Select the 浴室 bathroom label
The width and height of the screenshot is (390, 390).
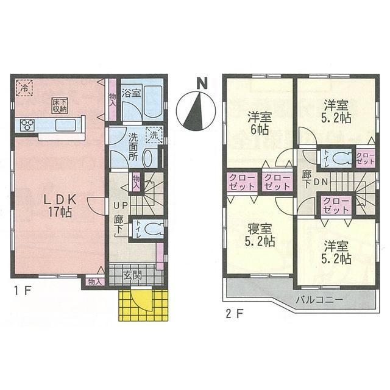pyautogui.click(x=130, y=93)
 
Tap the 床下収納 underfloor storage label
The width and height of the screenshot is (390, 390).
pyautogui.click(x=59, y=105)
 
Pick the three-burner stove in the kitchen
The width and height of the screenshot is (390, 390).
pyautogui.click(x=27, y=125)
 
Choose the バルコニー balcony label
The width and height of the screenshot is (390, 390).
pyautogui.click(x=321, y=300)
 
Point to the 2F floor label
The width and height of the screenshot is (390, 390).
pyautogui.click(x=235, y=315)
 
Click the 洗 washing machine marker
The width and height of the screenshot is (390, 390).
pyautogui.click(x=155, y=135)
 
